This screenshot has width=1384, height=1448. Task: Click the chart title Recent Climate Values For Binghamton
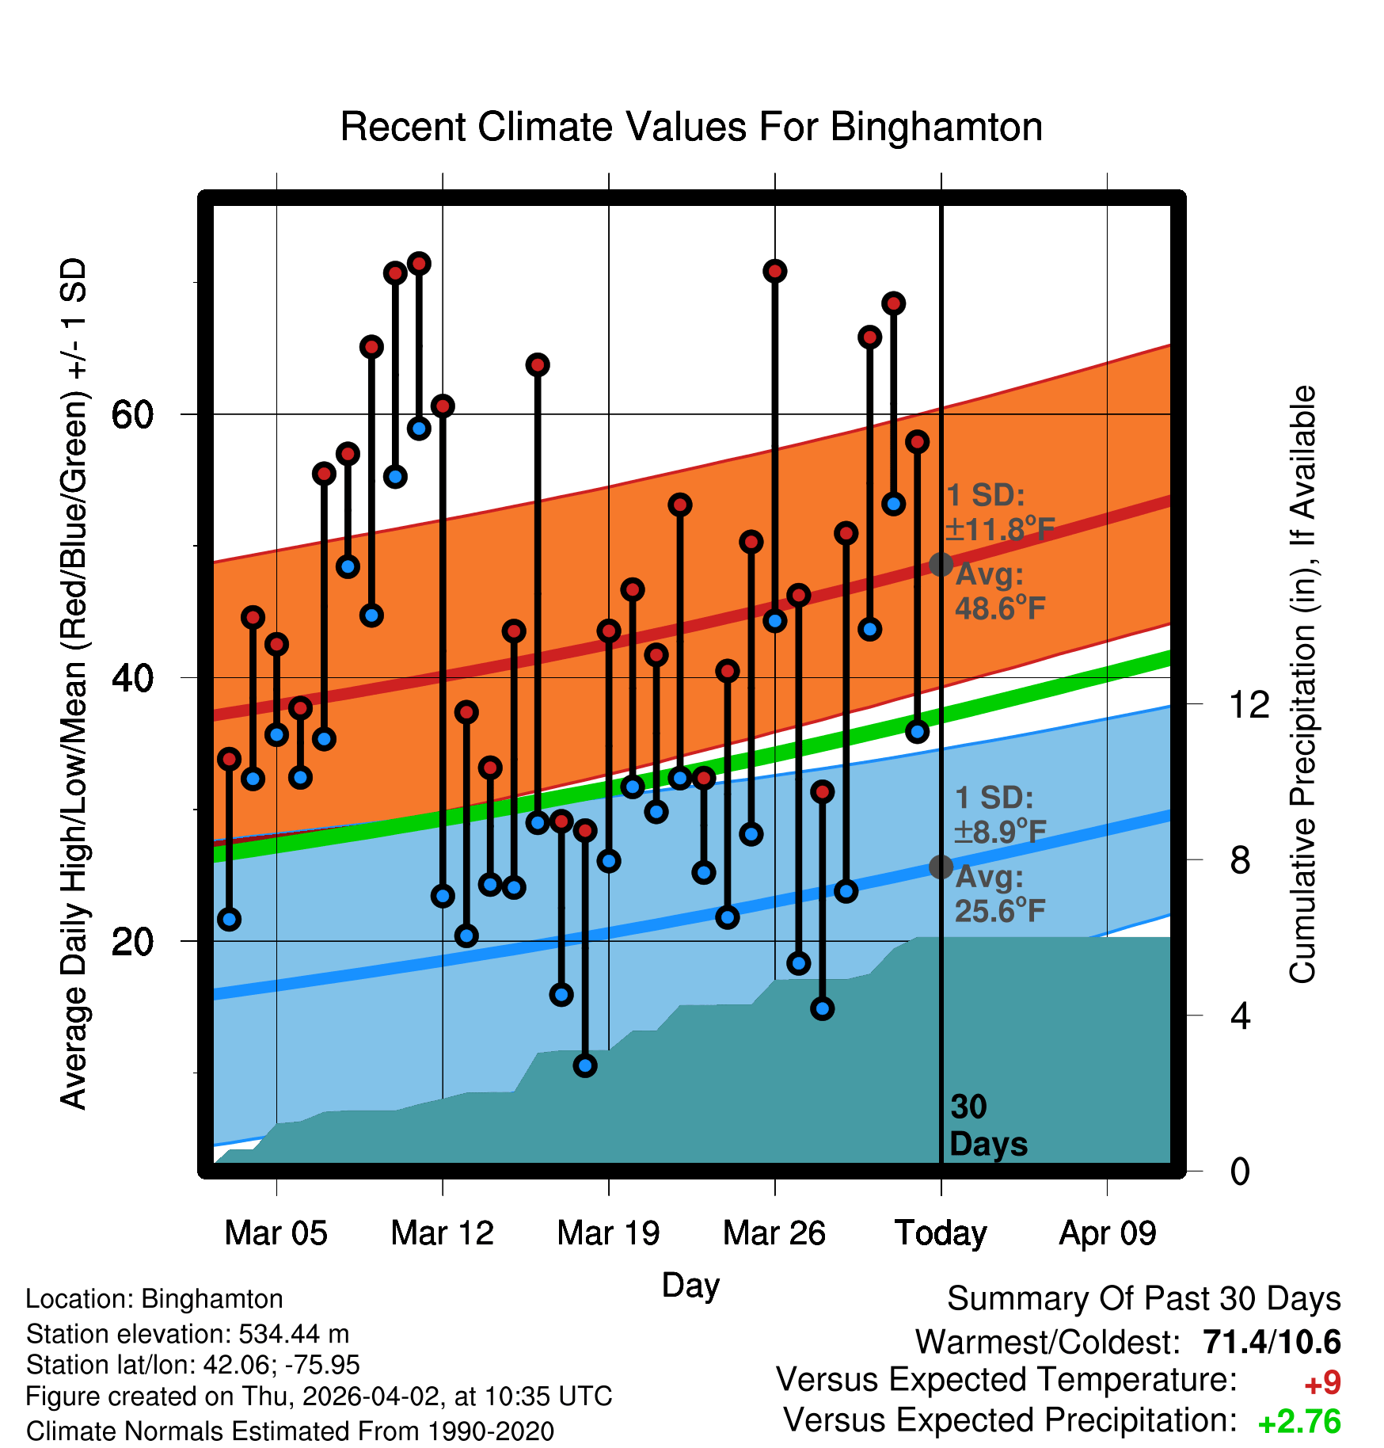point(691,127)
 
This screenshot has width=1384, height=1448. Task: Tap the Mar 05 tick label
point(276,1233)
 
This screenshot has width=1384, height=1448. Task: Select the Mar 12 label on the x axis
point(442,1233)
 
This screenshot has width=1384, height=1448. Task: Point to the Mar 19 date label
point(608,1233)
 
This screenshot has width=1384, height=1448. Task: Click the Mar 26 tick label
point(774,1233)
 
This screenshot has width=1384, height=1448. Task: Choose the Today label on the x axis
point(941,1233)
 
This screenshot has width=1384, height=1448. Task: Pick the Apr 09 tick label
point(1108,1233)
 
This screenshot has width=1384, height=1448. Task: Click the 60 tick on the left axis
point(133,414)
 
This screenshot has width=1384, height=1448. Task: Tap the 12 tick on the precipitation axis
point(1249,704)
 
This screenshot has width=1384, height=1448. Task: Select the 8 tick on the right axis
point(1241,859)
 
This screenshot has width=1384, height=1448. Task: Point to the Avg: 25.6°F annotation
point(999,894)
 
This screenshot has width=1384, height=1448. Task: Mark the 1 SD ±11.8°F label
point(999,513)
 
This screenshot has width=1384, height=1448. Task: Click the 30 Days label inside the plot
point(987,1126)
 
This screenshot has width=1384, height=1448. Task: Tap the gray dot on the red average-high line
point(941,565)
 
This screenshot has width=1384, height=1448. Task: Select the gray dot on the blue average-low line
point(941,867)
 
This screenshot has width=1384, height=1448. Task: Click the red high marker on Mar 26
point(774,272)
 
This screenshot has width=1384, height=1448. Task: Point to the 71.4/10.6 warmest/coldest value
point(1272,1342)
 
